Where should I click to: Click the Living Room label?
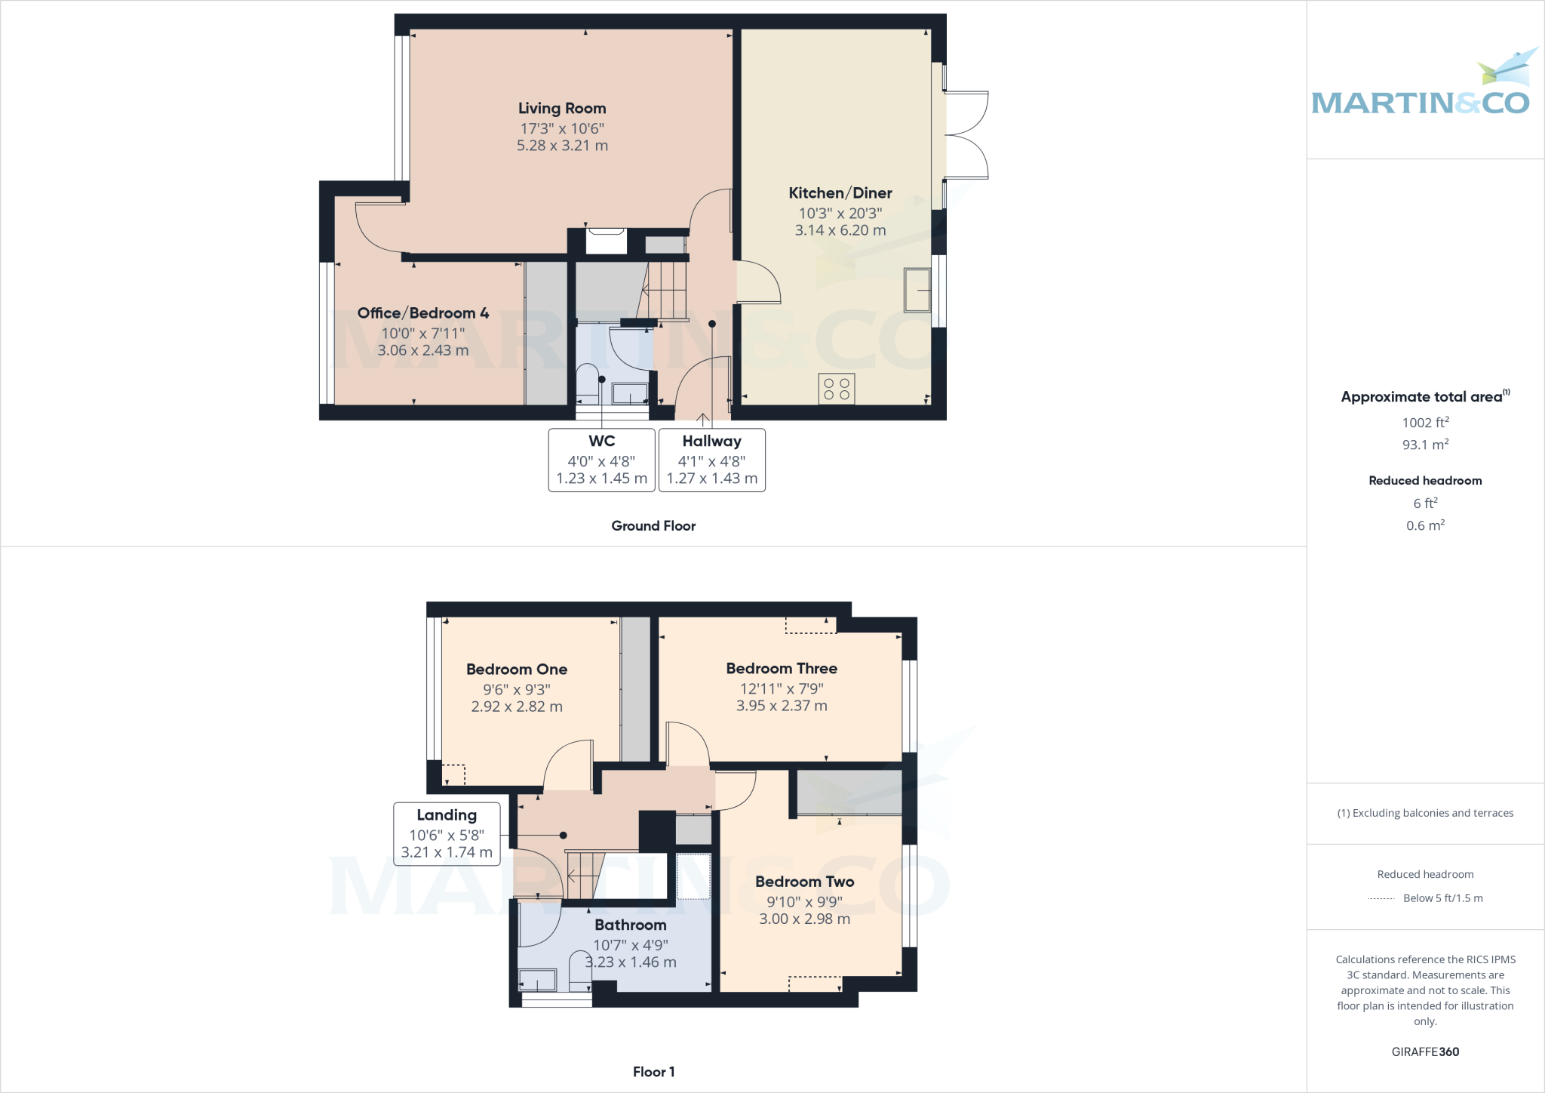click(562, 109)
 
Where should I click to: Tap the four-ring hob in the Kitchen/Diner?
click(837, 389)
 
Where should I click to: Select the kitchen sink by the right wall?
click(917, 290)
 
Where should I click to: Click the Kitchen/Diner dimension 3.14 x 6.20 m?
click(840, 230)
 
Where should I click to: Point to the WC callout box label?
click(601, 442)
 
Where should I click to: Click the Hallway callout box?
click(711, 460)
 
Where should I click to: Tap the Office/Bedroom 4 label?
click(422, 313)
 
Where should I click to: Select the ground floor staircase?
click(664, 291)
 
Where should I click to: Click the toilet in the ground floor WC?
click(587, 381)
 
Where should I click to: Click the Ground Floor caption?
click(653, 526)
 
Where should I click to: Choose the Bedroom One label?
click(517, 670)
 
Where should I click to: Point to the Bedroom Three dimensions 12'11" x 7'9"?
click(782, 688)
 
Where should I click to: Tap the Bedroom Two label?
click(804, 882)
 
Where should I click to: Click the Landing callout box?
click(447, 833)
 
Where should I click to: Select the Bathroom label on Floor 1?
click(630, 925)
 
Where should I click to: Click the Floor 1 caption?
click(653, 1072)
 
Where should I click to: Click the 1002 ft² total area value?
click(1425, 423)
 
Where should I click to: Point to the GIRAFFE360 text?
click(1425, 1051)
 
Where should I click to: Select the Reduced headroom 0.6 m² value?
click(1425, 525)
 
